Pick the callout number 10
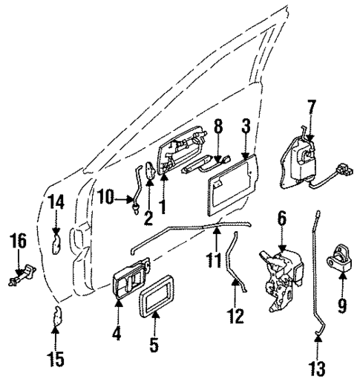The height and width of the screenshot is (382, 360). coord(105,197)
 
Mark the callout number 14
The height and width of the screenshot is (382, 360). coord(56,201)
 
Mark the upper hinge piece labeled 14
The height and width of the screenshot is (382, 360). coord(56,242)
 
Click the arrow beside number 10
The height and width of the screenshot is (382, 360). coord(123,198)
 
